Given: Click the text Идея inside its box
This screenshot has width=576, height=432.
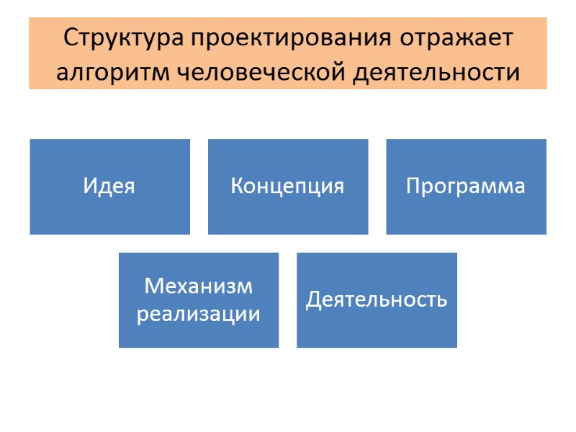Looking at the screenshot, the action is [109, 186].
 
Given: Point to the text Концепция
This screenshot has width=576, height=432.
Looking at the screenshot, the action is [287, 187].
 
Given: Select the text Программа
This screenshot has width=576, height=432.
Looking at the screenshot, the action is [466, 187].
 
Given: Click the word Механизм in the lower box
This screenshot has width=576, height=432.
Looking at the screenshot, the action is [199, 286].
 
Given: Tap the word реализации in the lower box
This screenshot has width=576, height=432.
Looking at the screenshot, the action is [199, 314].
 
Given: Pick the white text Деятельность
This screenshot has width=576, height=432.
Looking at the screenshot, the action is [377, 300].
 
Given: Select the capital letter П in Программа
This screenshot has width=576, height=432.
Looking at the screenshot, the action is [413, 186].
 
